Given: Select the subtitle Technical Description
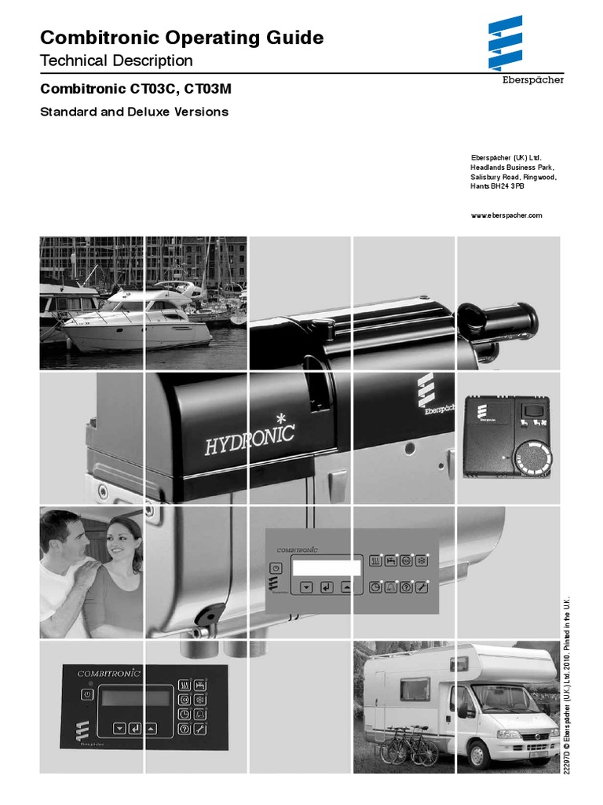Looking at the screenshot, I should click(x=116, y=61).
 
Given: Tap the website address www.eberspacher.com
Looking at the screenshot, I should click(x=506, y=215).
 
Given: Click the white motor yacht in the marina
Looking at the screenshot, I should click(x=137, y=322).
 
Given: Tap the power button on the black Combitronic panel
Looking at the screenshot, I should click(x=84, y=694).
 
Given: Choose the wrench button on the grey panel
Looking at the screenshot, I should click(x=422, y=587).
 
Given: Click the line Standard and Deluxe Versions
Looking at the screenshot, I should click(x=134, y=112).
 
